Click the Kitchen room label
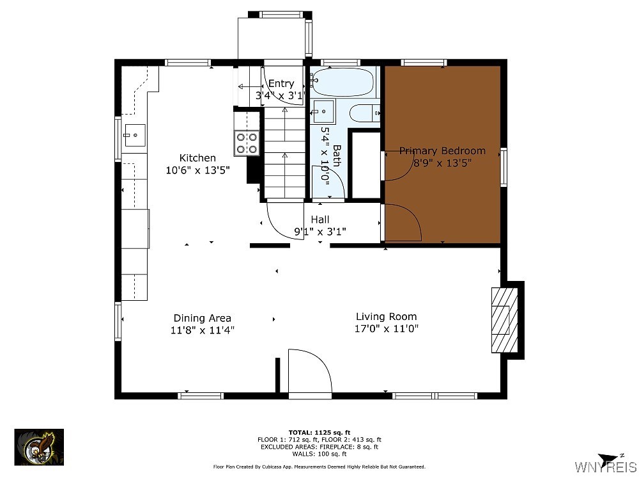click(197, 158)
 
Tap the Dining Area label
click(202, 318)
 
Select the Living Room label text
click(386, 316)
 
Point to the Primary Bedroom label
click(442, 151)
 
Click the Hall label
click(320, 220)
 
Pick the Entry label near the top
click(281, 84)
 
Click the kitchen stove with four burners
click(246, 142)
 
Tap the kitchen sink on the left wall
click(135, 135)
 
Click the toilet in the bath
click(366, 113)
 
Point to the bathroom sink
click(324, 112)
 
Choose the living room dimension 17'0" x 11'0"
click(387, 329)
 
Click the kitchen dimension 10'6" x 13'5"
click(197, 170)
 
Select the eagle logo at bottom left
click(39, 446)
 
